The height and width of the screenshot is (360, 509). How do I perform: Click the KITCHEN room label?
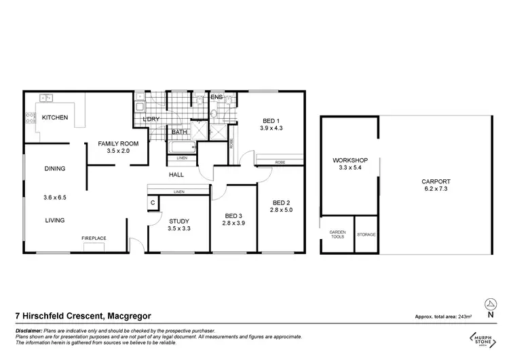coord(55,118)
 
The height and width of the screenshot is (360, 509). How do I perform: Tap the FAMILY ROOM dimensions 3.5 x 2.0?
coord(118,151)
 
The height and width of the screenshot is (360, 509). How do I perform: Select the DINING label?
coord(55,168)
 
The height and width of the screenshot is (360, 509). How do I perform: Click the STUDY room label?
coord(179,221)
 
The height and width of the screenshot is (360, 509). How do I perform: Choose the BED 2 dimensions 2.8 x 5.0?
coord(282,211)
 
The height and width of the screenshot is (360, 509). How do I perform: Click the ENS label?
coord(216,98)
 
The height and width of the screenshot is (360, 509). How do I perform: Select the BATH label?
coord(179,132)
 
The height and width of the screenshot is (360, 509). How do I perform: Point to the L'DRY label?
coord(151,120)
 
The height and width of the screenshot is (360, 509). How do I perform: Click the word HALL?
coord(177,175)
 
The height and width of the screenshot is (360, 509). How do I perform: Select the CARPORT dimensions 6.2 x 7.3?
coord(436,190)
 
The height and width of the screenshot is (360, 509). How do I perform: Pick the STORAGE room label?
coord(366,234)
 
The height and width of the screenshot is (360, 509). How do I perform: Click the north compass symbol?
coord(489,304)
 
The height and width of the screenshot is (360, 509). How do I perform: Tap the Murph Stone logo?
coord(483,337)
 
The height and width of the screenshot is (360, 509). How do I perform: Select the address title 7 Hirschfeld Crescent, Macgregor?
coord(83,316)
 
